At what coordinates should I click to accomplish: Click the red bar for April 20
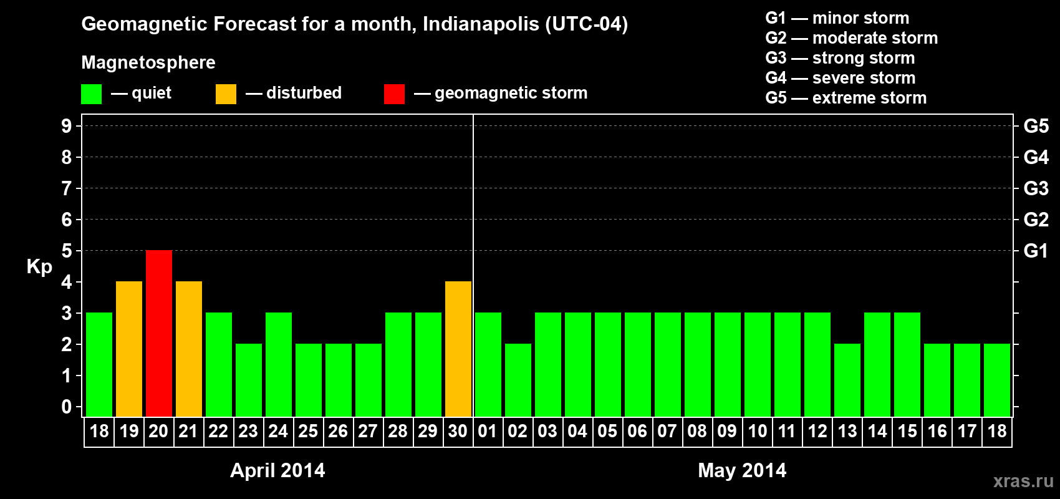coord(159,333)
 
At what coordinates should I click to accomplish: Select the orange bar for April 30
coord(458,349)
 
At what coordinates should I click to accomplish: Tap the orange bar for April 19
coord(129,349)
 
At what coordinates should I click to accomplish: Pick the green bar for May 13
coord(847,380)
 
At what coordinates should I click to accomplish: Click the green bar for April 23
coord(249,380)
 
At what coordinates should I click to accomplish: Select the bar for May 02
coord(518,380)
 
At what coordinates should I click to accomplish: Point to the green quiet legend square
coord(92,94)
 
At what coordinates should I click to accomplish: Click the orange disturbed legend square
coord(226,94)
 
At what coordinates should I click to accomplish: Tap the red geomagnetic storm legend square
coord(394,94)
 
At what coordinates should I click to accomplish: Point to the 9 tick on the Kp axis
coord(67,126)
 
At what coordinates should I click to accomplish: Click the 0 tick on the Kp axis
coord(67,407)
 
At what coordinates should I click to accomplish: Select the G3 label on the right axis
coord(1036,188)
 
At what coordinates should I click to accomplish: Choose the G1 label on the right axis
coord(1036,251)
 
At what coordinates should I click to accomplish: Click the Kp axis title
coord(39,267)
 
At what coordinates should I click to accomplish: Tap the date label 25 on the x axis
coord(308,431)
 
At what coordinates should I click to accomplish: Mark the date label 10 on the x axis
coord(757,431)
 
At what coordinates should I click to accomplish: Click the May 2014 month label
coord(742,470)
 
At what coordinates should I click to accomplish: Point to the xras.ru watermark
coord(1023,481)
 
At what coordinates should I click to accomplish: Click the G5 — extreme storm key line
coord(846,98)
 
